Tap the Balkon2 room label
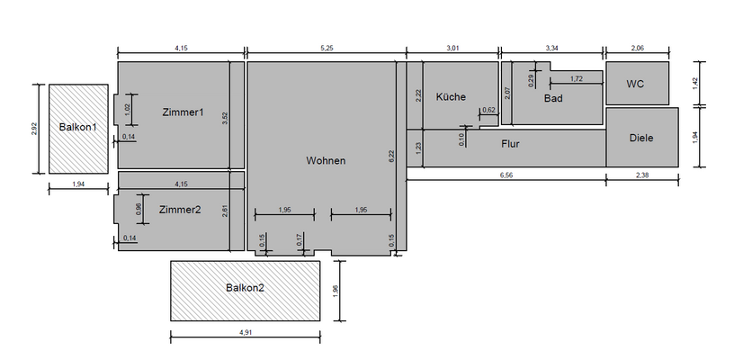click(245, 287)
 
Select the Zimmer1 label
click(183, 112)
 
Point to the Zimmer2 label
click(180, 210)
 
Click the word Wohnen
click(326, 160)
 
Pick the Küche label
click(452, 97)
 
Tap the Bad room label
click(553, 98)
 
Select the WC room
click(637, 84)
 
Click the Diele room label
click(641, 138)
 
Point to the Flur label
click(510, 142)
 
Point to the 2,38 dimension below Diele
click(641, 175)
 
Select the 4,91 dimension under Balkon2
click(245, 332)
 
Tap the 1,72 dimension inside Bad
click(577, 79)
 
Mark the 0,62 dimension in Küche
click(489, 110)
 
